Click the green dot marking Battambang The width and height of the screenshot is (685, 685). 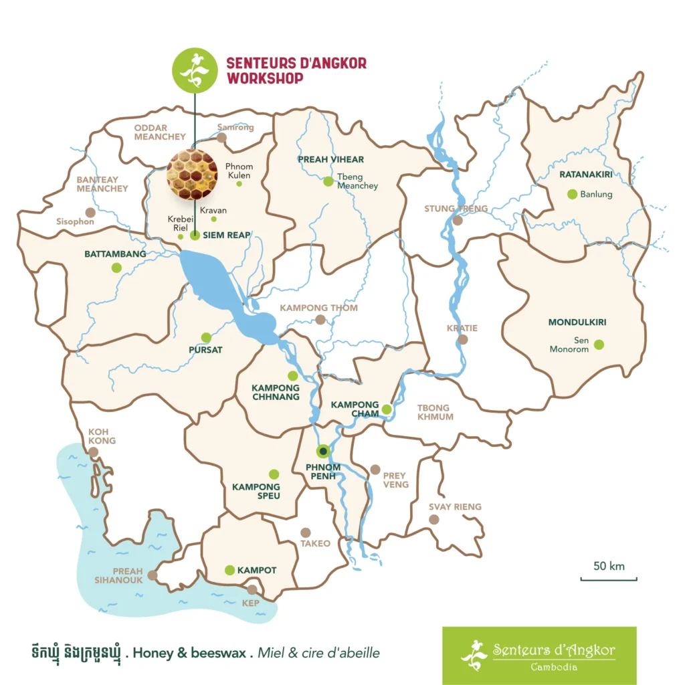[x=116, y=268]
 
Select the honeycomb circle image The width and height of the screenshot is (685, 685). [x=192, y=174]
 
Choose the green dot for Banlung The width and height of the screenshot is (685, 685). [x=572, y=194]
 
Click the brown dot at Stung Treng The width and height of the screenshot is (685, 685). [x=458, y=220]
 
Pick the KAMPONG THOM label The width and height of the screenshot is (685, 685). [x=318, y=308]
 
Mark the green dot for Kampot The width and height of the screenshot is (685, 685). [x=229, y=570]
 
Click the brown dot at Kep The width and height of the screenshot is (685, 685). [x=252, y=589]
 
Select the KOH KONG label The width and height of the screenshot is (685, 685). [x=102, y=436]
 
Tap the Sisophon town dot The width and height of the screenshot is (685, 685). [x=90, y=212]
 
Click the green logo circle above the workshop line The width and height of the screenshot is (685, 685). [x=195, y=70]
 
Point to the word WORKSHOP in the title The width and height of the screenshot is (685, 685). [x=265, y=78]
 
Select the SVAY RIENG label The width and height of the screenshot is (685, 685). [x=455, y=506]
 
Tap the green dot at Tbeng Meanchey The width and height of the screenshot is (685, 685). [x=328, y=181]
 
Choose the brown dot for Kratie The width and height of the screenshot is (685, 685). [x=463, y=340]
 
